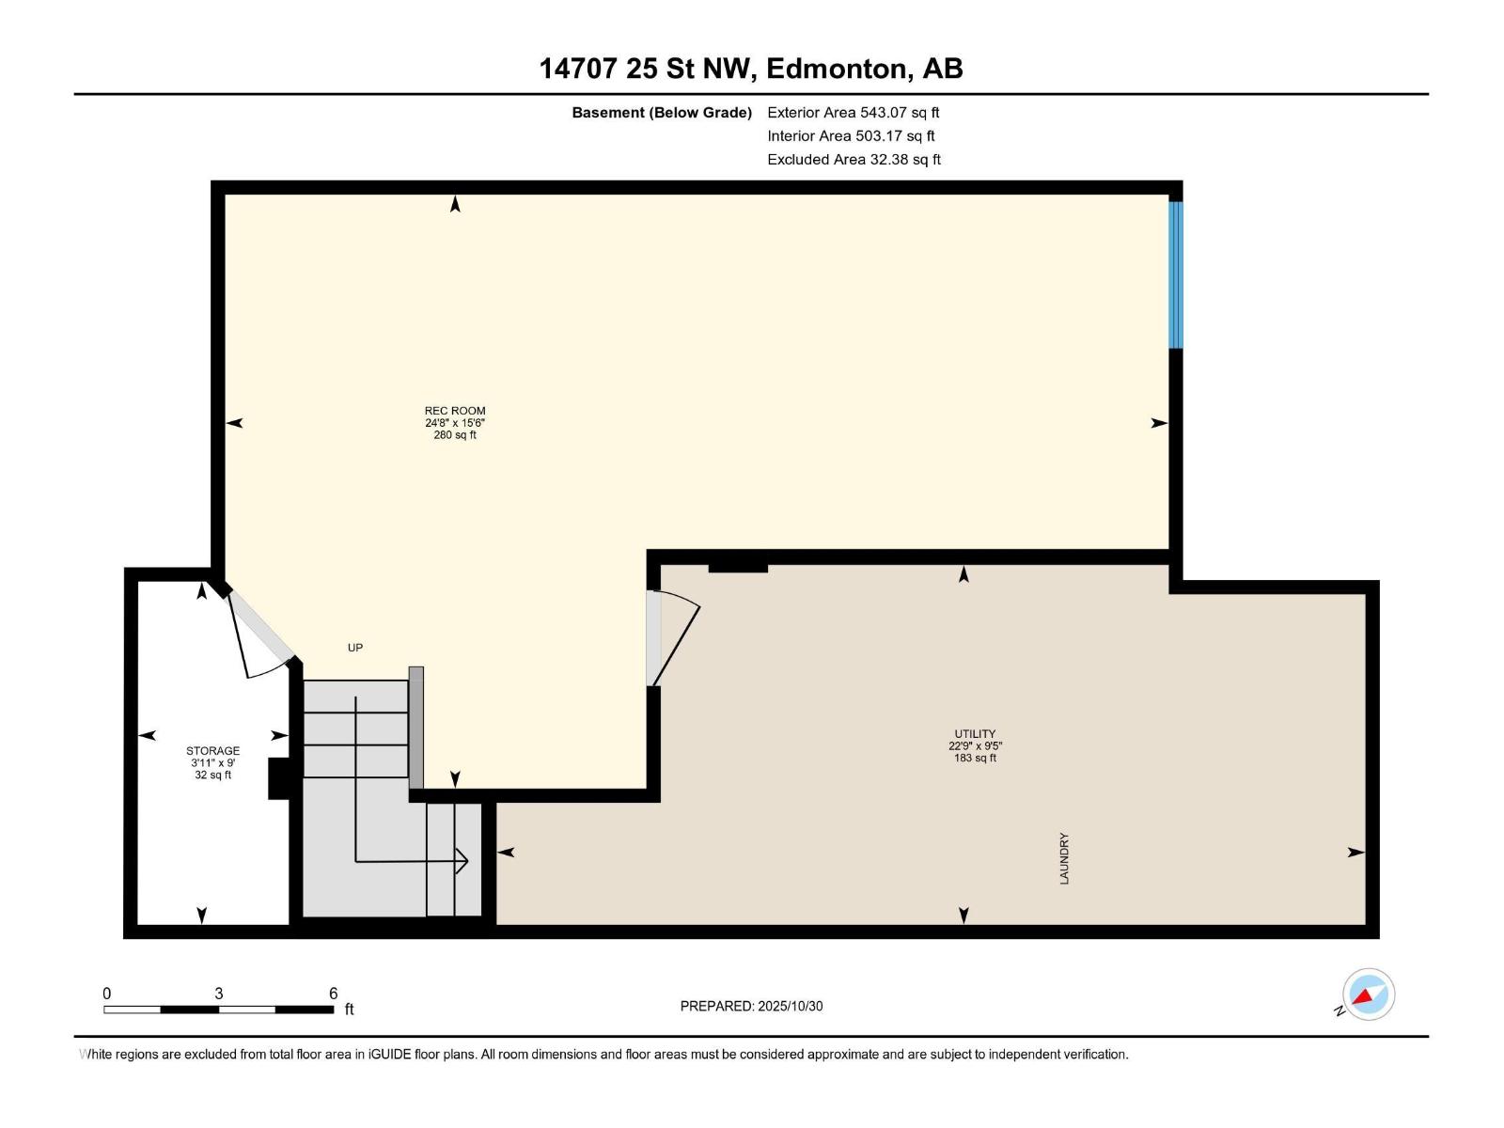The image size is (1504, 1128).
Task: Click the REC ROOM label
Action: pos(454,411)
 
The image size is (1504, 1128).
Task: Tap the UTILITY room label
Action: pos(975,734)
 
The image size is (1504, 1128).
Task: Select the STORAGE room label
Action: pos(212,751)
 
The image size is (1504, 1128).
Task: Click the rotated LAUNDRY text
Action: pos(1064,858)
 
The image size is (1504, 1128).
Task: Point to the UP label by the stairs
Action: pos(355,648)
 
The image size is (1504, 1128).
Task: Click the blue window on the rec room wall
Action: pos(1175,274)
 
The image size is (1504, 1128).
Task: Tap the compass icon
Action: pos(1368,995)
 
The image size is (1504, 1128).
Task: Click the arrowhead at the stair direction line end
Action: pos(462,860)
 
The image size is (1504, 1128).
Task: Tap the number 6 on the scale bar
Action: pos(333,994)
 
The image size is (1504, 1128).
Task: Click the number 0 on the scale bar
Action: pos(107,994)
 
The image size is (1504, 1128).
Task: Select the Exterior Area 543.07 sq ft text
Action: pos(853,113)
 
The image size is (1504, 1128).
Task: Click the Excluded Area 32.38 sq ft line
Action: pos(853,160)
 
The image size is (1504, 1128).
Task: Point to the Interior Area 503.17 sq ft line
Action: pos(851,136)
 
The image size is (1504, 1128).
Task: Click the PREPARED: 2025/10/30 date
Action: pos(751,1006)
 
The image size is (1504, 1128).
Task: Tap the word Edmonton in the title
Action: pos(837,69)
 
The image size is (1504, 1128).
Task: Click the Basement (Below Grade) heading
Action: pos(662,113)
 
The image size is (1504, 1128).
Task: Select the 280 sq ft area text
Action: pos(454,435)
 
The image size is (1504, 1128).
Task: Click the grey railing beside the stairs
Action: pos(415,727)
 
